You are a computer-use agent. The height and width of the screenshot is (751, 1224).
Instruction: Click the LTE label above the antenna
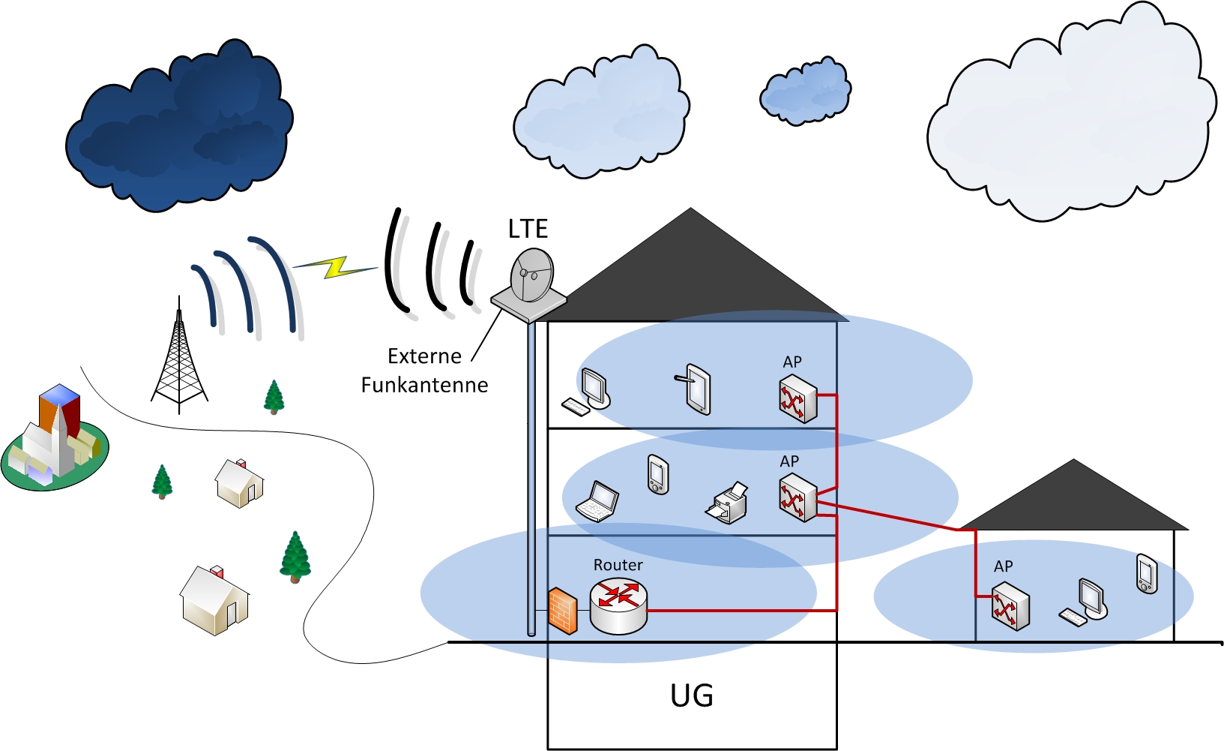coord(528,229)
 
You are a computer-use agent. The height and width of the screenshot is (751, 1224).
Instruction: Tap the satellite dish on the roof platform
coord(532,275)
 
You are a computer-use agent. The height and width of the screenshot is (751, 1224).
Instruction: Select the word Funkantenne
coord(424,385)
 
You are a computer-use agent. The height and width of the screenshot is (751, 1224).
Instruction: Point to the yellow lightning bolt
coord(335,266)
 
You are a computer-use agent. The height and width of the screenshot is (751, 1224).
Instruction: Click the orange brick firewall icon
coord(562,611)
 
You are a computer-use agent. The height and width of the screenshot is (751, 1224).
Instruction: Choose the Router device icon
coord(618,605)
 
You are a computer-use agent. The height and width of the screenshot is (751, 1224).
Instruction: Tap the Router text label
coord(618,565)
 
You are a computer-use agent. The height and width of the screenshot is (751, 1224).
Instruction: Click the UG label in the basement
coord(691,695)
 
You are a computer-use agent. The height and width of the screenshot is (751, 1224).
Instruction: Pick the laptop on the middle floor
coord(597,502)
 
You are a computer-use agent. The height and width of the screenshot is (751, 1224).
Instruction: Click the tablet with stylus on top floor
coord(696,388)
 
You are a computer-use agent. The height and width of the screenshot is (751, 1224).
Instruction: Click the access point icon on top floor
coord(798,401)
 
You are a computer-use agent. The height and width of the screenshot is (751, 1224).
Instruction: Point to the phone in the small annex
coord(1147,574)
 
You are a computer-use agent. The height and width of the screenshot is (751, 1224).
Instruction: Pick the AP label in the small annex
coord(1003,566)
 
